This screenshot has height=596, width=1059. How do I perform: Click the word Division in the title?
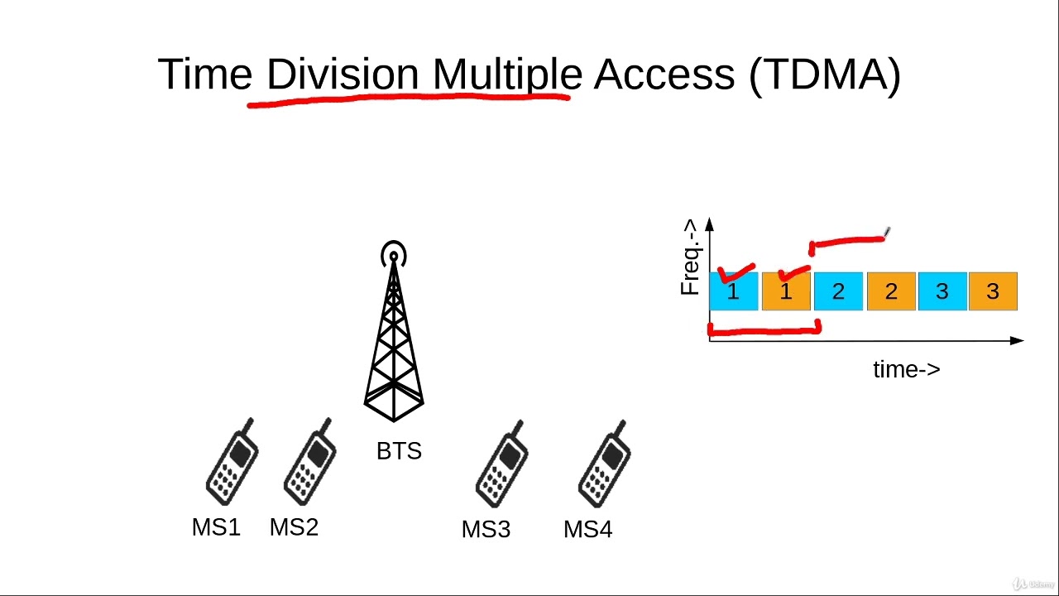(x=343, y=74)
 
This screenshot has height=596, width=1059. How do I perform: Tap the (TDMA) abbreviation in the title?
(x=824, y=74)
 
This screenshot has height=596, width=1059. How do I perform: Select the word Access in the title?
(x=664, y=74)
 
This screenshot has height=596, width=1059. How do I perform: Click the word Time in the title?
(x=204, y=74)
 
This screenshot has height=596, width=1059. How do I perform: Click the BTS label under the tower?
(x=399, y=451)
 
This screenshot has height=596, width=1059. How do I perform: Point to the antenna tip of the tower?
(x=394, y=253)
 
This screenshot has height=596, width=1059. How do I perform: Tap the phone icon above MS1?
(x=232, y=462)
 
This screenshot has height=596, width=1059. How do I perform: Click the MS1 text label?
(x=216, y=527)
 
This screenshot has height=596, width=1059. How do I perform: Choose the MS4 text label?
(x=587, y=529)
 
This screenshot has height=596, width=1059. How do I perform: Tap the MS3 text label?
(x=486, y=529)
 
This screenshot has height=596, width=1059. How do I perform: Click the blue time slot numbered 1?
(x=734, y=291)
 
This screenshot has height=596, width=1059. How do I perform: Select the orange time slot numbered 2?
(x=891, y=291)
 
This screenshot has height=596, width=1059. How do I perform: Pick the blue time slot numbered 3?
(x=942, y=291)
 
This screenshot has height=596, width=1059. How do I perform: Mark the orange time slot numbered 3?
(x=993, y=291)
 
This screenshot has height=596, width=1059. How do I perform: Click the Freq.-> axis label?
(x=690, y=257)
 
